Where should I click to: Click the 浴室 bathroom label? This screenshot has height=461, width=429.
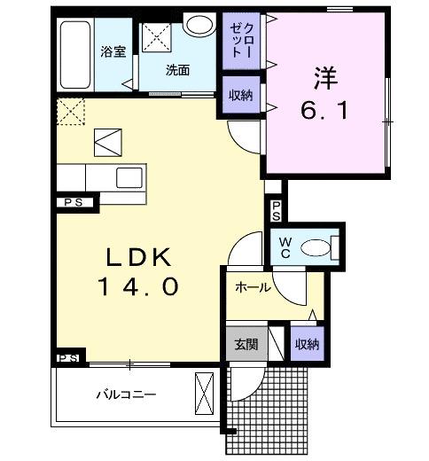click(x=113, y=51)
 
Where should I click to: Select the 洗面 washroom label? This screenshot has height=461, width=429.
click(x=177, y=71)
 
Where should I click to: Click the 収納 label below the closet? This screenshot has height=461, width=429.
click(x=238, y=96)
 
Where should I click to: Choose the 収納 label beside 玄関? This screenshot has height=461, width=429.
click(x=307, y=344)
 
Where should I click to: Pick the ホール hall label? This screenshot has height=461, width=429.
click(x=253, y=288)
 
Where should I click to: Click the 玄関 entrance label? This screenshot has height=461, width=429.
click(x=246, y=344)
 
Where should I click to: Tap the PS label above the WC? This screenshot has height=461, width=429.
click(x=276, y=210)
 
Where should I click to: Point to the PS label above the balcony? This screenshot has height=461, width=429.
click(x=69, y=357)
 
